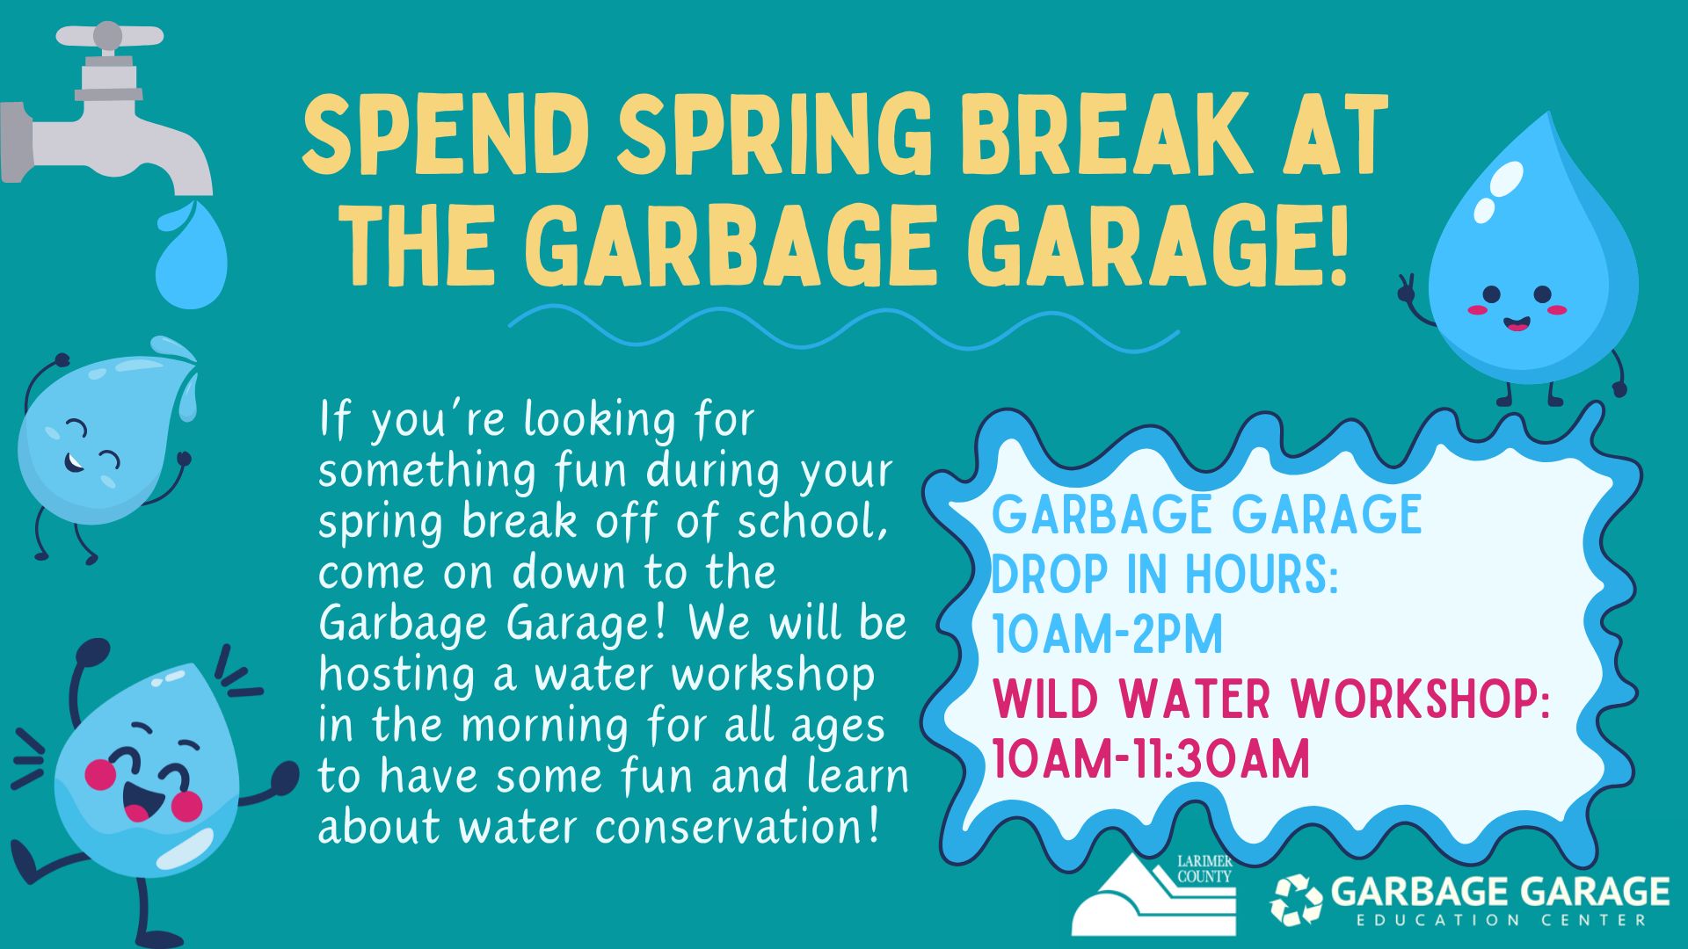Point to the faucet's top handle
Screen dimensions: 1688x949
coord(110,36)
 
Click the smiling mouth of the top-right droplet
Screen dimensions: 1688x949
coord(1517,324)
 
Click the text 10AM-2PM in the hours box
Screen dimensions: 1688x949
coord(1108,634)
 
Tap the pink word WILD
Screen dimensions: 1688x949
coord(1046,699)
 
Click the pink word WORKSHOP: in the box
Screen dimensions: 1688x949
coord(1420,699)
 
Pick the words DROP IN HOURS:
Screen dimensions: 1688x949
coord(1165,575)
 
